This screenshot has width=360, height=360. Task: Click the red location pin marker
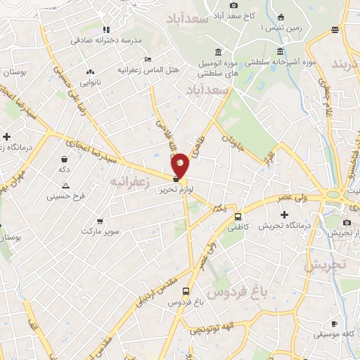(181, 165)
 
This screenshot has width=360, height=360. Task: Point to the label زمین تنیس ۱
(281, 27)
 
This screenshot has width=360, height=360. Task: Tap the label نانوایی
(89, 82)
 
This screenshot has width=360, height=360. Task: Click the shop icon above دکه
(65, 160)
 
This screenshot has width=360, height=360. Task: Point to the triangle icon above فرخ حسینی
(65, 186)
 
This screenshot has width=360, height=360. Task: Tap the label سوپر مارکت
(101, 231)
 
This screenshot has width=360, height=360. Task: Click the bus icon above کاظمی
(238, 217)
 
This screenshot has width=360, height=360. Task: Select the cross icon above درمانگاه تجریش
(285, 214)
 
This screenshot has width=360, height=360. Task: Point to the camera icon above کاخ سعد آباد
(234, 5)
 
